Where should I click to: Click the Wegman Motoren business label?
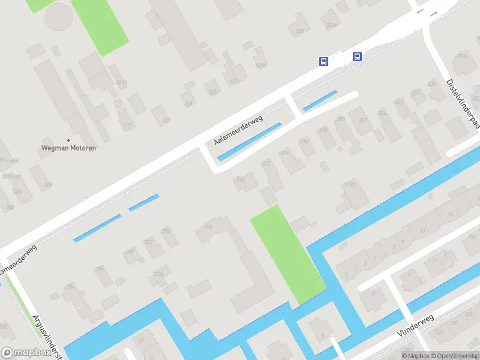click(x=68, y=148)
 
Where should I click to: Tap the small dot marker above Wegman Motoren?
click(x=68, y=139)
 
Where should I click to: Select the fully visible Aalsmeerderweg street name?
click(x=239, y=130)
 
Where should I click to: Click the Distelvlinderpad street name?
click(x=463, y=103)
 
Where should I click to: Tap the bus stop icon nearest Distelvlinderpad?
click(x=358, y=57)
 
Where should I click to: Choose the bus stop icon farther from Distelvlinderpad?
click(x=323, y=61)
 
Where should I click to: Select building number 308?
click(x=209, y=227)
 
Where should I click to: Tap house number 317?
click(x=128, y=125)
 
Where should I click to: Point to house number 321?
click(x=167, y=120)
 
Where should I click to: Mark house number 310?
click(x=241, y=179)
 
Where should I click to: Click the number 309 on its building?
click(x=49, y=185)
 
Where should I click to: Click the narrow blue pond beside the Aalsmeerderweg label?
click(x=250, y=141)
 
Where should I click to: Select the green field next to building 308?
click(x=287, y=253)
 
